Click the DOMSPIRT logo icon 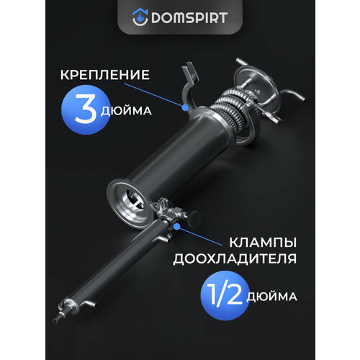138,16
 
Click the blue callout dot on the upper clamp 185,106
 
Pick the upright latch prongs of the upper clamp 188,73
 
